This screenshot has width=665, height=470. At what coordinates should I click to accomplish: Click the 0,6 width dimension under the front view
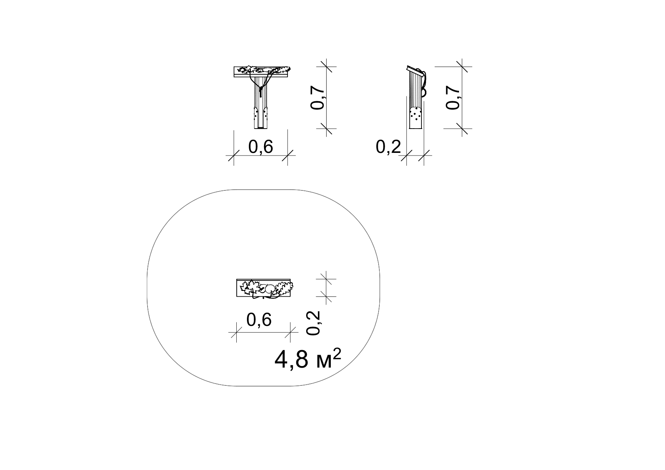[x=261, y=147]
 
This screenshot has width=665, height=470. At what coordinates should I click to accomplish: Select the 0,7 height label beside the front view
[x=318, y=97]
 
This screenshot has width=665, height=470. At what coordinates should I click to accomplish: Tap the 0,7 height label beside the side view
[x=453, y=97]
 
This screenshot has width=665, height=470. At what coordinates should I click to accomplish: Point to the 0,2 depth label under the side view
[x=388, y=147]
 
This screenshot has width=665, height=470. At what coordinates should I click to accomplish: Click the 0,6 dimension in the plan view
[x=259, y=320]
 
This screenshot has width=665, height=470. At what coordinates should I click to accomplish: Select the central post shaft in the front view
[x=261, y=102]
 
